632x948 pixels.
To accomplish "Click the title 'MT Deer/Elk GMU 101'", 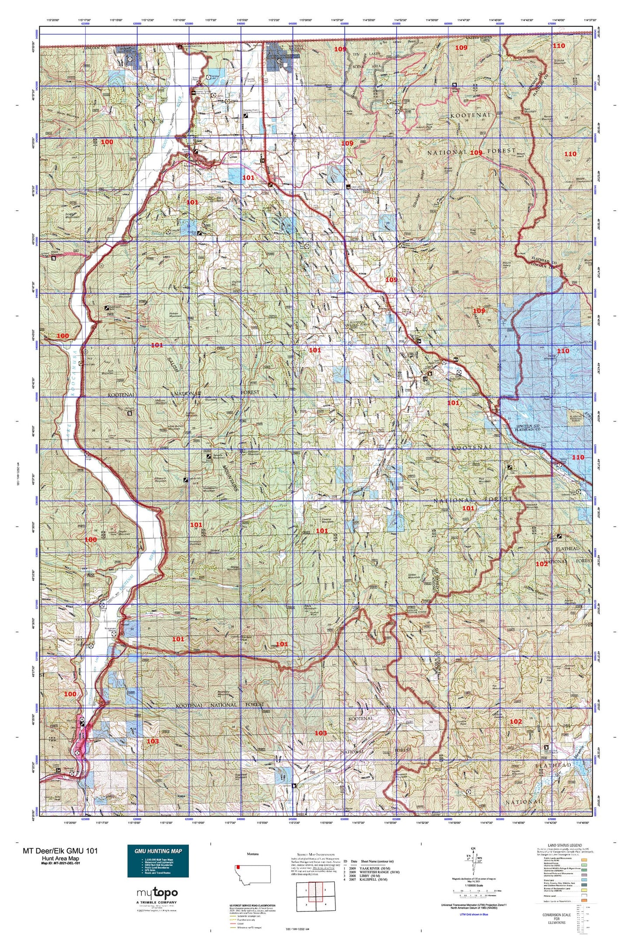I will (60, 850).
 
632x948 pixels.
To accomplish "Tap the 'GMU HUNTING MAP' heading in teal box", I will (158, 851).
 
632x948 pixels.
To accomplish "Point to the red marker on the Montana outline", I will (238, 866).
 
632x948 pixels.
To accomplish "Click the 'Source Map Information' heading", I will (315, 854).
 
